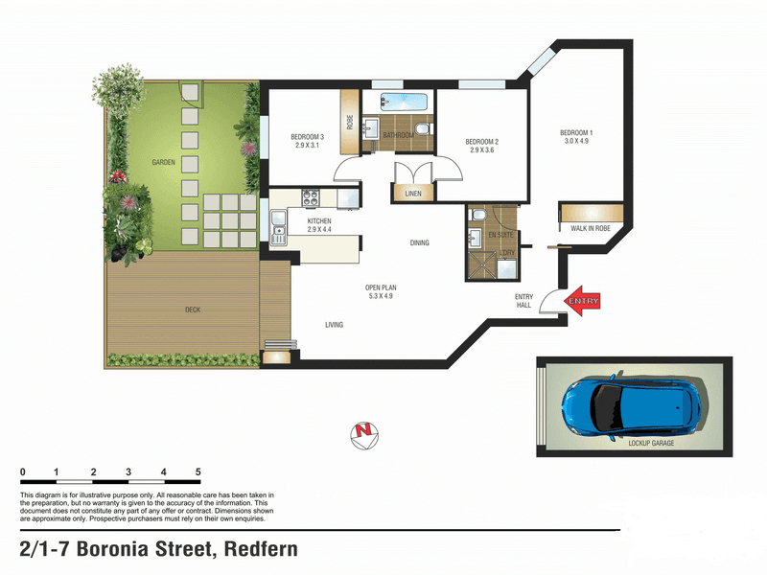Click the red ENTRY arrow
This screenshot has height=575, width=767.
(x=582, y=301)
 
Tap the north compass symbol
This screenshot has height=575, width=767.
(x=364, y=435)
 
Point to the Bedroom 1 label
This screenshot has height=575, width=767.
(x=576, y=136)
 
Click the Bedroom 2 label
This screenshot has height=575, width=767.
(x=482, y=146)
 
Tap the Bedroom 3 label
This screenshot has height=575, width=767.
(x=307, y=141)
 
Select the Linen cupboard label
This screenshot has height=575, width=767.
(x=413, y=194)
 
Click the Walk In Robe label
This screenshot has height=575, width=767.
(x=591, y=228)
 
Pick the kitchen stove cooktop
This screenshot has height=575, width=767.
(x=311, y=197)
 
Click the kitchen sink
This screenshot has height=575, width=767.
(x=278, y=227)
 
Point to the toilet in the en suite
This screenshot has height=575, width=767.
(x=477, y=214)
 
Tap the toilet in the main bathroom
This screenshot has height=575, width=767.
(x=422, y=129)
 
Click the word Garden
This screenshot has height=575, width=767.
(x=163, y=162)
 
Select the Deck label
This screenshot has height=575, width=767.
(x=193, y=310)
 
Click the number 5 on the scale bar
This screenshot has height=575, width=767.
(x=198, y=471)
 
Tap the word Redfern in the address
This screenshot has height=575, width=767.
(x=261, y=548)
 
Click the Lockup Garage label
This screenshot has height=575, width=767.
(x=651, y=443)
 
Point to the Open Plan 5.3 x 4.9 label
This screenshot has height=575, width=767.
(x=381, y=292)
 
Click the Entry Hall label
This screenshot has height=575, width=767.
(x=523, y=301)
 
